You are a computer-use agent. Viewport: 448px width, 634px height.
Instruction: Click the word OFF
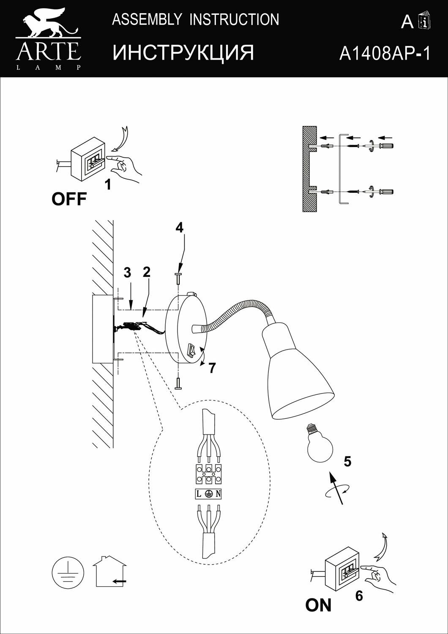click(x=69, y=199)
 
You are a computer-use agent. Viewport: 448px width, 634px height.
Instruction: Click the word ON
click(x=318, y=605)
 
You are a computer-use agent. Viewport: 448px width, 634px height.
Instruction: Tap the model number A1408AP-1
click(x=384, y=53)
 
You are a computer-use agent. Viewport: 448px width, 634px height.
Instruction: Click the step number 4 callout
click(x=180, y=228)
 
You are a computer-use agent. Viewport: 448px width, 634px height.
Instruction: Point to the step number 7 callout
click(x=212, y=368)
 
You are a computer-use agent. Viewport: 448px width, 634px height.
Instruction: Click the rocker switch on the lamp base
click(x=191, y=350)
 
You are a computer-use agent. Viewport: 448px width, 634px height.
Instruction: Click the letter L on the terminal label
click(x=198, y=494)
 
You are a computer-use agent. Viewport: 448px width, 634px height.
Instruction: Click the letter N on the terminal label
click(x=218, y=494)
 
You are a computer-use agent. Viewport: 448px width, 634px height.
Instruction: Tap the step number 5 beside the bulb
click(x=347, y=462)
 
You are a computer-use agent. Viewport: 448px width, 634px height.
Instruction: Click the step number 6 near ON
click(x=359, y=596)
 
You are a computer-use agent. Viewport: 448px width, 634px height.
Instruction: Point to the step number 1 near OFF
click(x=108, y=185)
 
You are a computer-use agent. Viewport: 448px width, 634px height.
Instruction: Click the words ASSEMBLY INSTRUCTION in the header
click(x=195, y=19)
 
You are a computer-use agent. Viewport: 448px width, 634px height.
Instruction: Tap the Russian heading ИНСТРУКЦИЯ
click(x=183, y=53)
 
